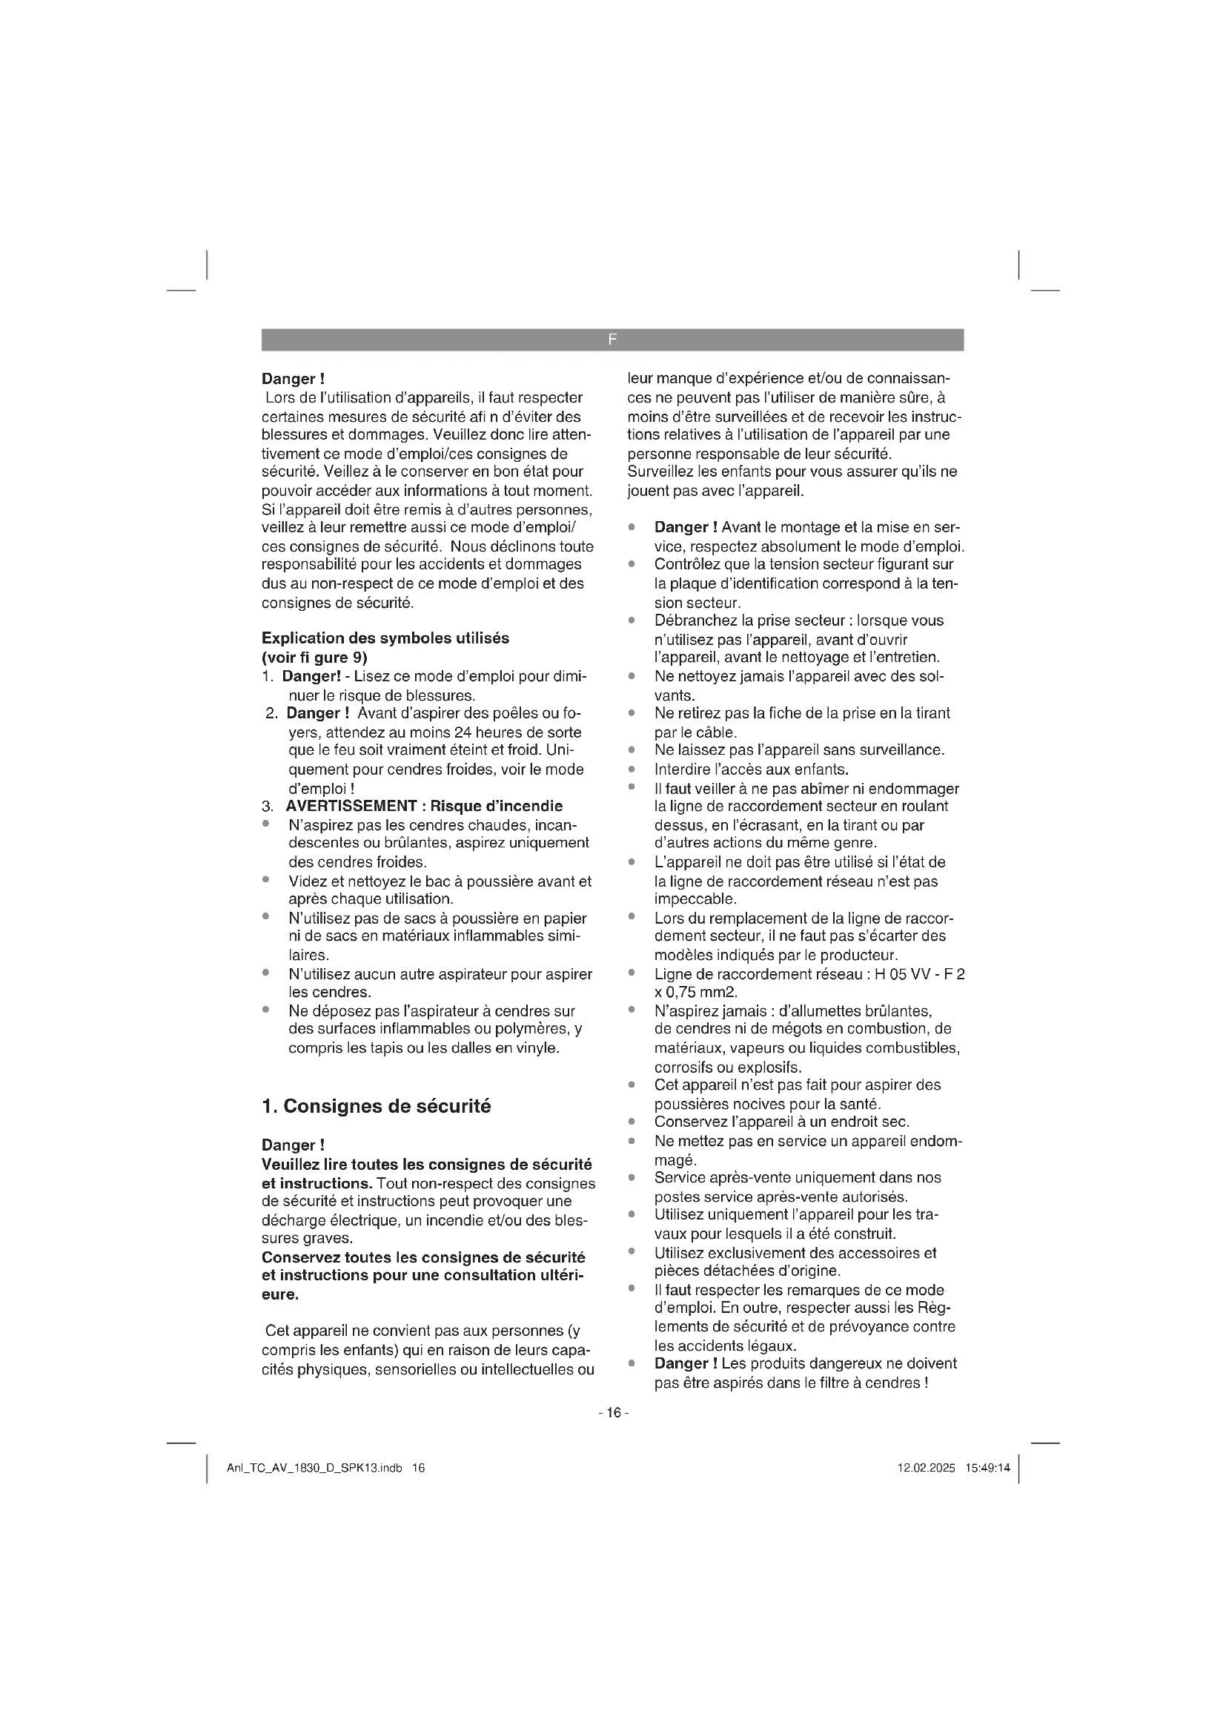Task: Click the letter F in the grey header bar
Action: tap(612, 340)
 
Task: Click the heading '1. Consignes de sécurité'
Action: tap(376, 1106)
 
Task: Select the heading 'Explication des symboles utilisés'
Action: tap(385, 638)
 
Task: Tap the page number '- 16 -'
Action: tap(613, 1413)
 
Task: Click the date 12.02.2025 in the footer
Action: tap(926, 1468)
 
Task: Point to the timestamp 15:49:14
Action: tap(987, 1468)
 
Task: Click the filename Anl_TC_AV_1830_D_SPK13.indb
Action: tap(314, 1468)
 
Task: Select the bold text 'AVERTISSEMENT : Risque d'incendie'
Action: tap(423, 806)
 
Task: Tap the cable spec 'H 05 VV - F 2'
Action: tap(919, 974)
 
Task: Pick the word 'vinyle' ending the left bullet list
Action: tap(537, 1048)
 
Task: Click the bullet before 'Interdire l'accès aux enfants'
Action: tap(631, 769)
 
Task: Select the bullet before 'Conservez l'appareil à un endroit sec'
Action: tap(631, 1122)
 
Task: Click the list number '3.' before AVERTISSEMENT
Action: tap(268, 806)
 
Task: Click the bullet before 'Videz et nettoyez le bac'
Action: tap(266, 880)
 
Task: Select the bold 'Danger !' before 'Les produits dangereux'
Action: tap(686, 1363)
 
